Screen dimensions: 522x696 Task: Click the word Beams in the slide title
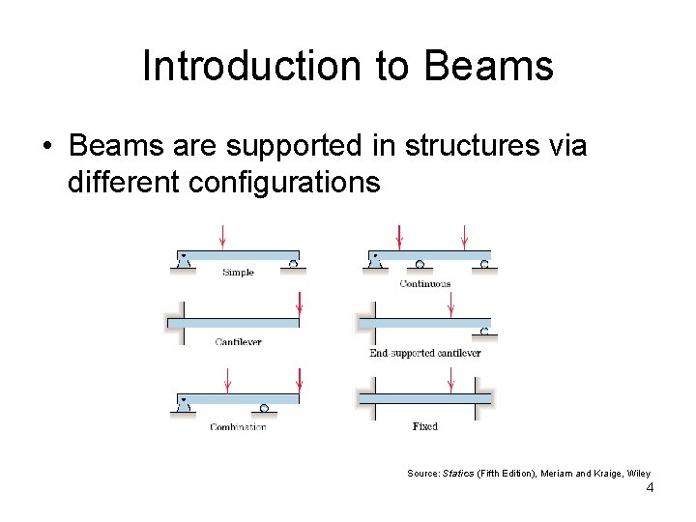(488, 67)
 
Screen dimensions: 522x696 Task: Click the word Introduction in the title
(251, 67)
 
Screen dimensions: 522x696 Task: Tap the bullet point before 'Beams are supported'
(46, 147)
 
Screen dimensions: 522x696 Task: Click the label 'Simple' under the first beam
(238, 273)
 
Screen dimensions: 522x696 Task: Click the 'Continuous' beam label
(424, 283)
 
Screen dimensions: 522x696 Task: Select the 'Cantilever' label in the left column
(238, 342)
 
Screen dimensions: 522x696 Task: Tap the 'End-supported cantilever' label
(424, 353)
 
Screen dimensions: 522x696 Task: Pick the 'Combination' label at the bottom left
(238, 427)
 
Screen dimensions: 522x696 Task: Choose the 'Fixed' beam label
(424, 426)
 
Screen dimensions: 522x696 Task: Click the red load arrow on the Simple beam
(223, 235)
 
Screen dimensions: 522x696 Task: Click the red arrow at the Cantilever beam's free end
(299, 304)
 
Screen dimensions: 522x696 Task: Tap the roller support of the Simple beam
(292, 262)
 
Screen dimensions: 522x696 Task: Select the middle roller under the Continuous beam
(420, 263)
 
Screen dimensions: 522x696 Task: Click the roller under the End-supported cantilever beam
(483, 332)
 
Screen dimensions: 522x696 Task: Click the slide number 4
(650, 488)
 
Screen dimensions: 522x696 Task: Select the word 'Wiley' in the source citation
(638, 473)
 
